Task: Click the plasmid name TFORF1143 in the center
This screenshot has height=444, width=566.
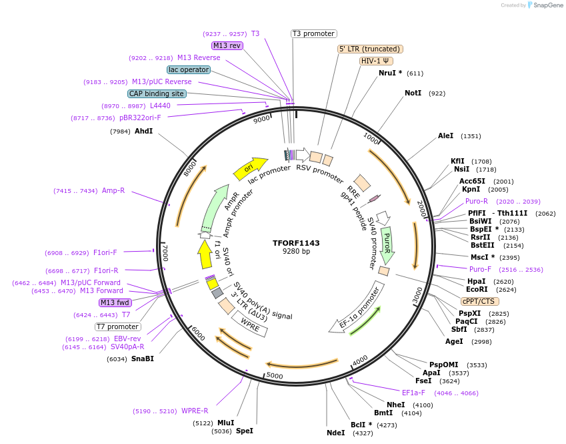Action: pos(296,243)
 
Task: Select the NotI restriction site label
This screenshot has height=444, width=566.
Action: pos(413,93)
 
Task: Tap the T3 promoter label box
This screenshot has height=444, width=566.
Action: pos(314,33)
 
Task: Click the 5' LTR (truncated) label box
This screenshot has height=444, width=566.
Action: pos(370,49)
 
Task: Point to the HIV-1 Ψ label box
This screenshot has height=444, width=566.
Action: pos(376,61)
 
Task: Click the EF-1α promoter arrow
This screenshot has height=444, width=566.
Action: pos(357,308)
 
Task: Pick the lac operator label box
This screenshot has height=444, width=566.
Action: pos(188,69)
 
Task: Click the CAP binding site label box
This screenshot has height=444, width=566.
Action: pos(156,94)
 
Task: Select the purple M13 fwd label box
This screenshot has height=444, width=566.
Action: pos(115,302)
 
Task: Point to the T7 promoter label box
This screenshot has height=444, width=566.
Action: pos(117,326)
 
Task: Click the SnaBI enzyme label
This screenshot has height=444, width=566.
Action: pos(142,359)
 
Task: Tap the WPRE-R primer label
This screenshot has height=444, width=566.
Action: pos(195,411)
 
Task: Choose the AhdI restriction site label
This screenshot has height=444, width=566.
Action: pos(143,131)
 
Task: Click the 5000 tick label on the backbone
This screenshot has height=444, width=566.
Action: pos(275,376)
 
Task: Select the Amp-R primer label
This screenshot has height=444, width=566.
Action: pos(113,191)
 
